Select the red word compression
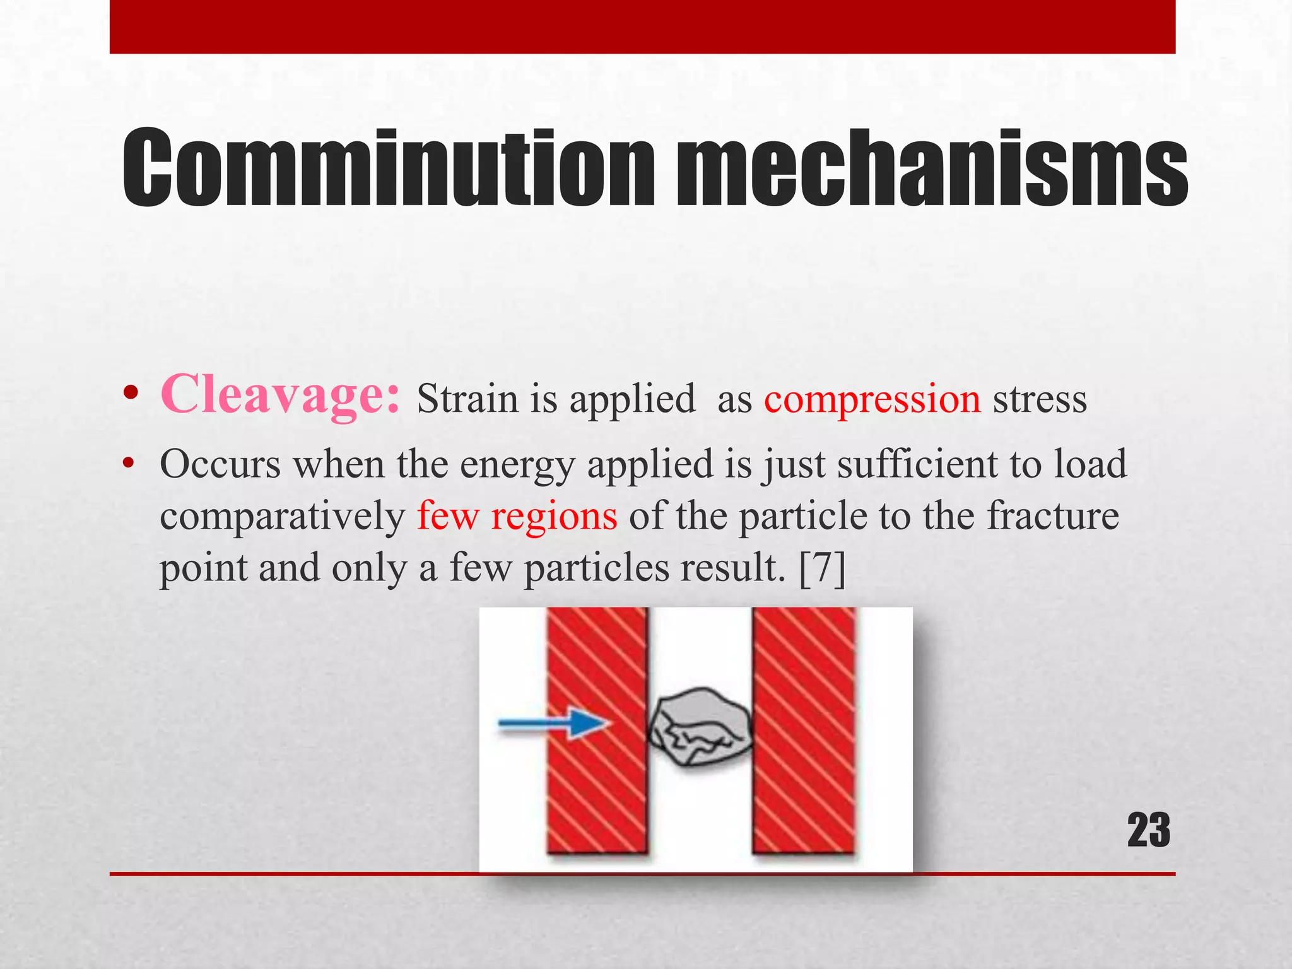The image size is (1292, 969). (x=872, y=400)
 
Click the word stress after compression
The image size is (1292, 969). (x=1040, y=400)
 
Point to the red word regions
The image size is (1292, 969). (x=554, y=516)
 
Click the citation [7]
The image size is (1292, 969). (x=822, y=568)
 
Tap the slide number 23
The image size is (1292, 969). (x=1148, y=831)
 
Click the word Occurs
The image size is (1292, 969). (x=220, y=465)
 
